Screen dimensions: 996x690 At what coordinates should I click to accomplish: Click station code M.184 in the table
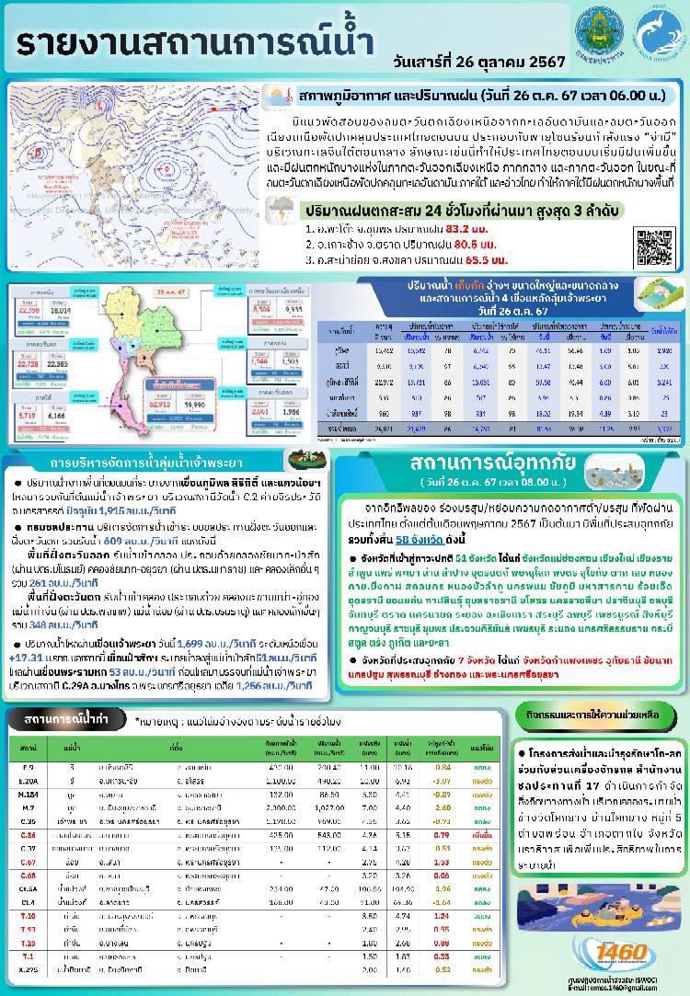(30, 792)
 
